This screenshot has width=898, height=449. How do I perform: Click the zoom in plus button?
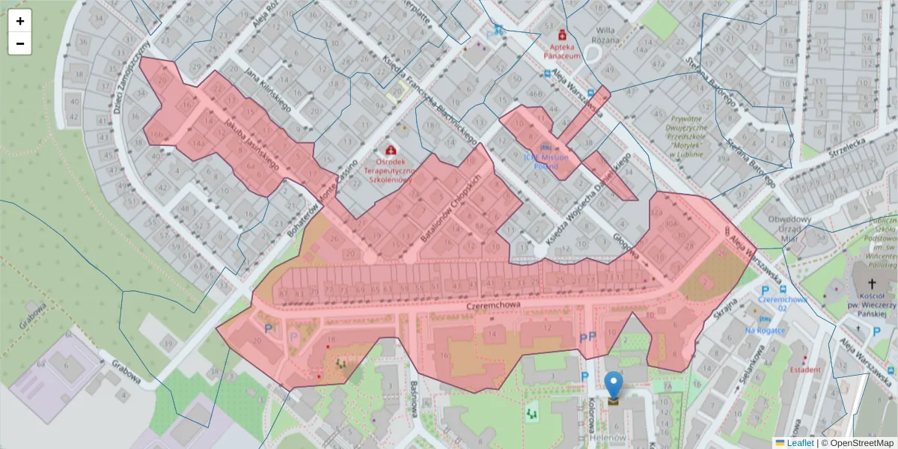point(20,22)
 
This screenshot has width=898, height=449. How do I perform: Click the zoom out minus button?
point(20,43)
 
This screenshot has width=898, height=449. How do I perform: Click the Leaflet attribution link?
point(799,443)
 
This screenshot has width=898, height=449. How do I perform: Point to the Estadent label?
point(805,369)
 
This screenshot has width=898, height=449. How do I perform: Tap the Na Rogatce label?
point(765,330)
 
